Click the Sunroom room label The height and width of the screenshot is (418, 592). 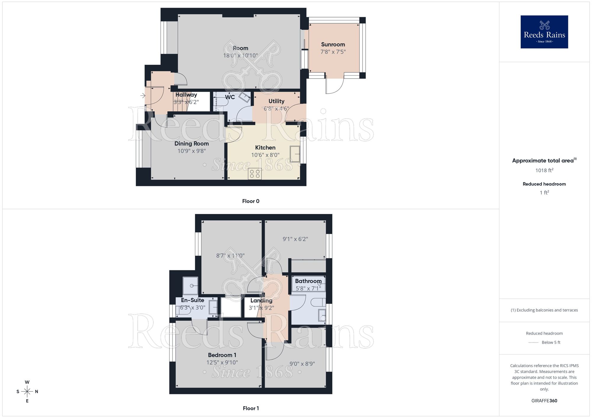pyautogui.click(x=333, y=45)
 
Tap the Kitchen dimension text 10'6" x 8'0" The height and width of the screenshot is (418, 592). pyautogui.click(x=265, y=155)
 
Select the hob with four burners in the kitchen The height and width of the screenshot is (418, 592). pyautogui.click(x=255, y=174)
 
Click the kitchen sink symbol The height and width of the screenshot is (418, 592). pyautogui.click(x=295, y=154)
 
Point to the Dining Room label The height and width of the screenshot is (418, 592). pyautogui.click(x=192, y=144)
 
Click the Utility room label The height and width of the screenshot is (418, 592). pyautogui.click(x=276, y=101)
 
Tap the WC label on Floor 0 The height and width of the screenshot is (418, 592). pyautogui.click(x=230, y=97)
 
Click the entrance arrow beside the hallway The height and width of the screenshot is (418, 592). pyautogui.click(x=143, y=95)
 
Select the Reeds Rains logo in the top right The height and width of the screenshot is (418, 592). pyautogui.click(x=544, y=32)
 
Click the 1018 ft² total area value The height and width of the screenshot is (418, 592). pyautogui.click(x=544, y=170)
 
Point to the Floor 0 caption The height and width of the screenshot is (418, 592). pyautogui.click(x=250, y=201)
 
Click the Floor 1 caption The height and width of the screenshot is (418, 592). pyautogui.click(x=250, y=408)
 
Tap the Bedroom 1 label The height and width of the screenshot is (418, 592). pyautogui.click(x=222, y=355)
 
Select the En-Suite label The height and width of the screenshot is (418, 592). pyautogui.click(x=192, y=300)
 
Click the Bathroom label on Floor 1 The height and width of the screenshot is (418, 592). pyautogui.click(x=308, y=281)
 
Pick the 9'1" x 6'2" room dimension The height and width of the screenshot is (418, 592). pyautogui.click(x=295, y=239)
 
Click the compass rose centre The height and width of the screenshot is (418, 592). pyautogui.click(x=27, y=392)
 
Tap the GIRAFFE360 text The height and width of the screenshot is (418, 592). pyautogui.click(x=544, y=401)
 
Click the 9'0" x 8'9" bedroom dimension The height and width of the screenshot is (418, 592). pyautogui.click(x=302, y=364)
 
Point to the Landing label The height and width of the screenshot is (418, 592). pyautogui.click(x=261, y=301)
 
